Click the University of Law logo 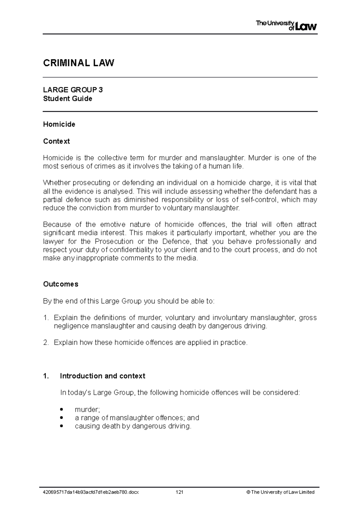[x=286, y=26]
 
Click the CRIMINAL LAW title [x=79, y=63]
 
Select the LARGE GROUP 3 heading [x=73, y=90]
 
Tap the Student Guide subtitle [x=67, y=99]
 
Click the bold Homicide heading [x=59, y=124]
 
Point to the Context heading [x=56, y=141]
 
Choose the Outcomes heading [x=61, y=284]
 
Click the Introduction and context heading [x=102, y=376]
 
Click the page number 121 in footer [x=180, y=492]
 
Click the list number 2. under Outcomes [x=46, y=342]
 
